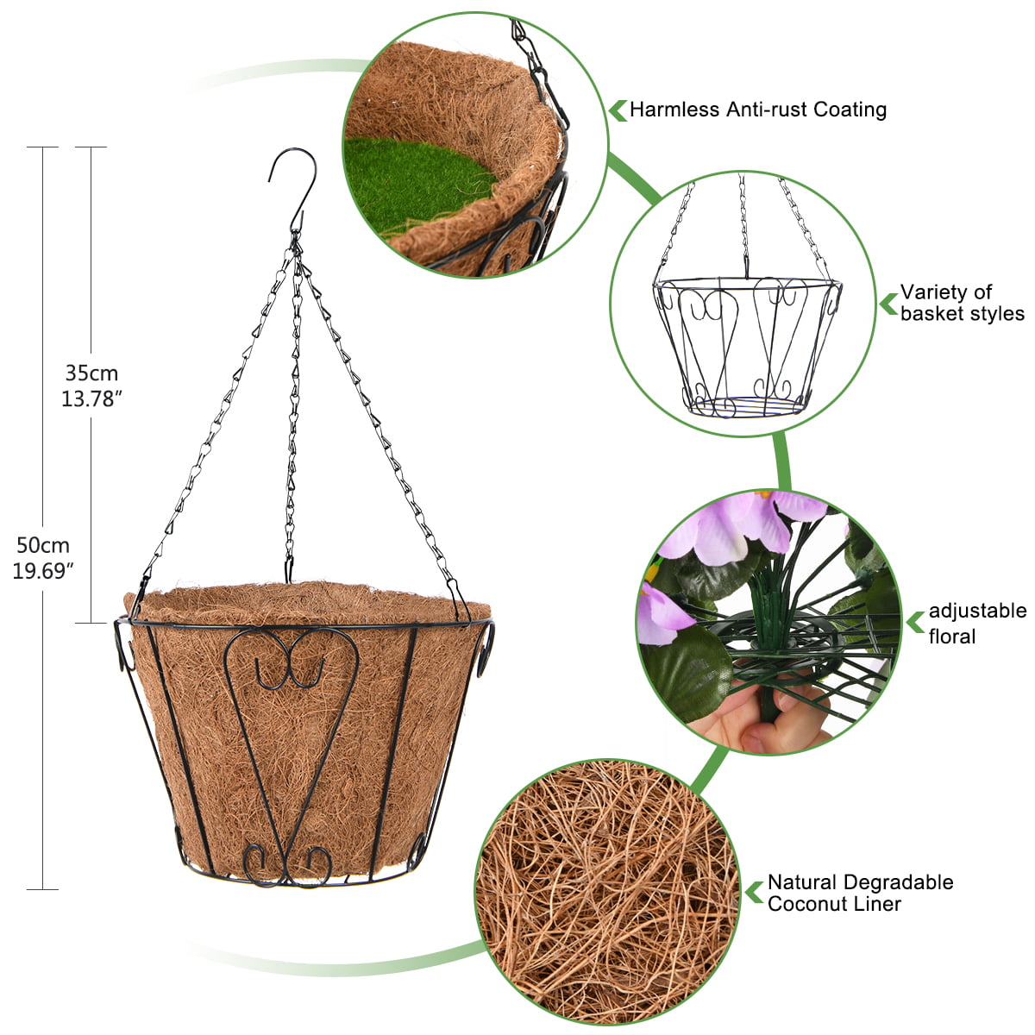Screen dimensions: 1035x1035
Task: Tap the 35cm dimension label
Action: pyautogui.click(x=91, y=373)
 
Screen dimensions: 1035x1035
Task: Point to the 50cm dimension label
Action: pyautogui.click(x=43, y=545)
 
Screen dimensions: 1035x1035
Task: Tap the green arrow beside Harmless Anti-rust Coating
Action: pyautogui.click(x=618, y=110)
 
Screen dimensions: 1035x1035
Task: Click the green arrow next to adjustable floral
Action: pyautogui.click(x=915, y=622)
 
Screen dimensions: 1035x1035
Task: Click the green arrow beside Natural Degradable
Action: pyautogui.click(x=755, y=892)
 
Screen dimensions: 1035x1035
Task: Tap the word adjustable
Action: pyautogui.click(x=977, y=611)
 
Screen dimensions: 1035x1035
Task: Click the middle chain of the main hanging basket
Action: pyautogui.click(x=292, y=414)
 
